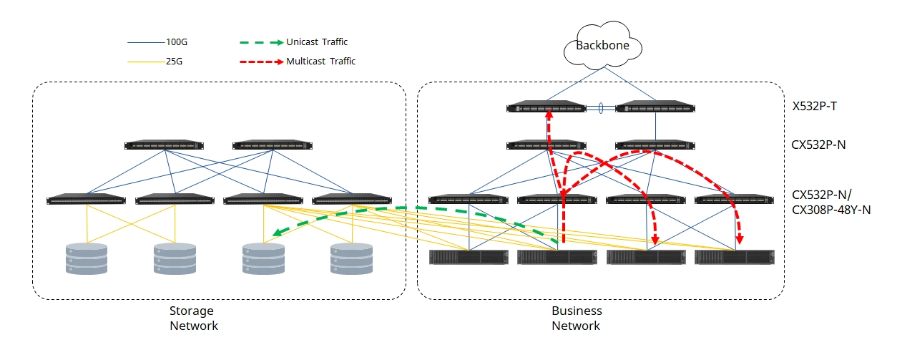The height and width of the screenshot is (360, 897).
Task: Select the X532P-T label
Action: [814, 107]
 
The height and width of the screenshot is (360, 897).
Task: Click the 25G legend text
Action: [174, 62]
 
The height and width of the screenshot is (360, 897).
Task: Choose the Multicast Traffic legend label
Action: [320, 62]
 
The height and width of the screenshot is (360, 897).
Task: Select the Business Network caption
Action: [577, 318]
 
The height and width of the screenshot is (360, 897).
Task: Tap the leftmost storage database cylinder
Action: [87, 259]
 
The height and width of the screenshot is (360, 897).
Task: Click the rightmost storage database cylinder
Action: [352, 259]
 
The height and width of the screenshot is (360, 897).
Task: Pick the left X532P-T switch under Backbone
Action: [546, 108]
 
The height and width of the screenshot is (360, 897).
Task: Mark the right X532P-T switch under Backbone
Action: [655, 108]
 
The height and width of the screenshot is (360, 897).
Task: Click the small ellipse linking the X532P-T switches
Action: [601, 109]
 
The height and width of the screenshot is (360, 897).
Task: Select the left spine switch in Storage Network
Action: [165, 145]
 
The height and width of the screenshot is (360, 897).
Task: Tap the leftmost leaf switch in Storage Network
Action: [86, 199]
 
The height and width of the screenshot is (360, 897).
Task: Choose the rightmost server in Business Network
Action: [735, 256]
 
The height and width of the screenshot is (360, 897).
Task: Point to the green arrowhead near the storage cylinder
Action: [278, 233]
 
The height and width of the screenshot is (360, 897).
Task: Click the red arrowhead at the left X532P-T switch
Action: [549, 114]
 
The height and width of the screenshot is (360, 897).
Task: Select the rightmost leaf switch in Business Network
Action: [734, 199]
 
